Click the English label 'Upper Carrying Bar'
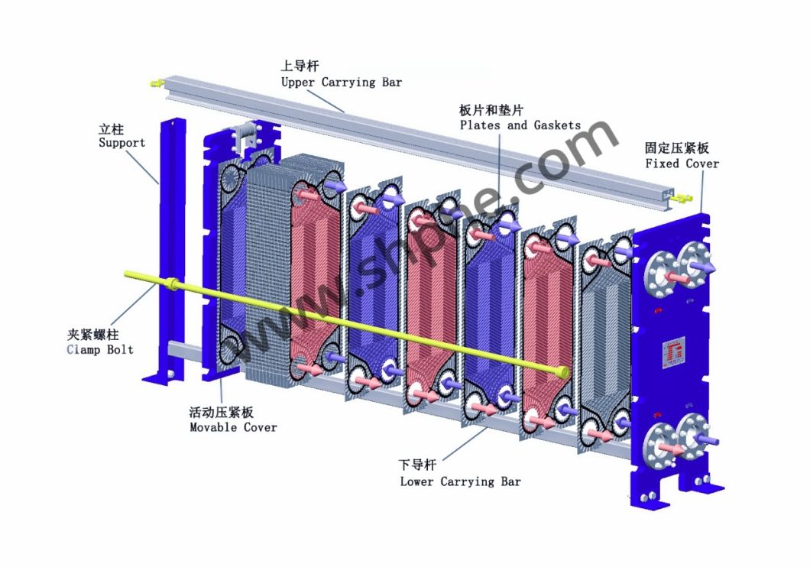click(x=341, y=82)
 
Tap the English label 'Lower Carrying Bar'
click(x=460, y=481)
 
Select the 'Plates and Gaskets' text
click(x=520, y=125)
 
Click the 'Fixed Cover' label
click(x=682, y=164)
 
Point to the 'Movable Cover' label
click(x=233, y=427)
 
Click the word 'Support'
click(x=122, y=143)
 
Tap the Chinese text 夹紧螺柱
click(x=93, y=335)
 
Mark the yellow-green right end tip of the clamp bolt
click(x=564, y=372)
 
